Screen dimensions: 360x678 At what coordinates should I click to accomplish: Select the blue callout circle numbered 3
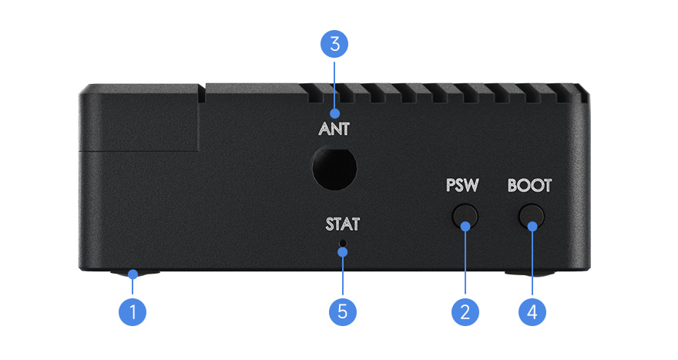pyautogui.click(x=334, y=44)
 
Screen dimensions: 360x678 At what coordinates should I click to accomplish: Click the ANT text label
pyautogui.click(x=334, y=130)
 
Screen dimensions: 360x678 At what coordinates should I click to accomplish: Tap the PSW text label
pyautogui.click(x=462, y=187)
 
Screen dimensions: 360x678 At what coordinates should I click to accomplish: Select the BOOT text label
pyautogui.click(x=530, y=187)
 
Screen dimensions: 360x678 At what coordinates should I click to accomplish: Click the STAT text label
pyautogui.click(x=341, y=226)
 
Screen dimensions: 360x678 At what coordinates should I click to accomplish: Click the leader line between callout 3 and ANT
pyautogui.click(x=334, y=89)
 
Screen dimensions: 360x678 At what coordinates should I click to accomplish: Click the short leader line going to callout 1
pyautogui.click(x=133, y=286)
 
